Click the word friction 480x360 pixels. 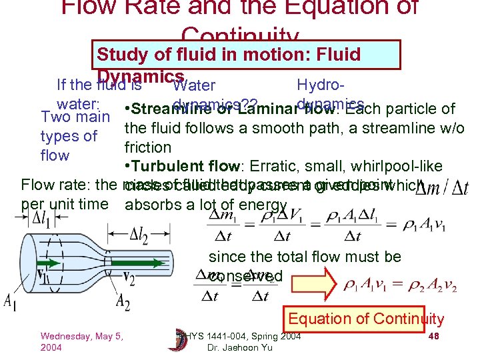point(148,147)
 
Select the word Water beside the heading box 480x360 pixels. point(193,86)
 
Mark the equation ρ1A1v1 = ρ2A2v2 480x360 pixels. point(400,286)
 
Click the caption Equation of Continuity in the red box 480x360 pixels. point(366,319)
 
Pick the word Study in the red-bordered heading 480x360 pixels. point(119,54)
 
